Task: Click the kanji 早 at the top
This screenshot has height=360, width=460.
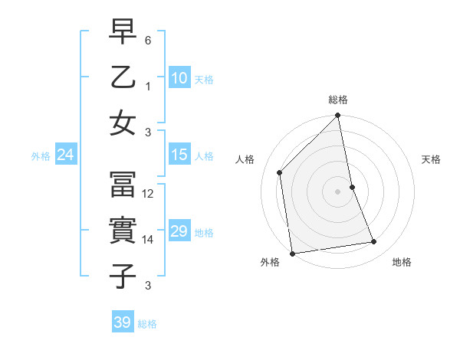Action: point(123,33)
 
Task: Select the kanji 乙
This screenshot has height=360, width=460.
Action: point(123,78)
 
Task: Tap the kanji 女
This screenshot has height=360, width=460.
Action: point(123,123)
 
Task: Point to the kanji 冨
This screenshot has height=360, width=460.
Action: point(123,185)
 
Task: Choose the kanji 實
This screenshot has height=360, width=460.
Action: point(123,231)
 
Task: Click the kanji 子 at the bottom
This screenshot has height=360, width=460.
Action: point(123,276)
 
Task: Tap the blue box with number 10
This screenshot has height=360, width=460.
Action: point(179,77)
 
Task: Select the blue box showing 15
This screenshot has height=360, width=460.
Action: point(179,155)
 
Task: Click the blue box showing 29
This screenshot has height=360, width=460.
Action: point(179,231)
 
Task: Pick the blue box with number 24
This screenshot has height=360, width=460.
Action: point(66,155)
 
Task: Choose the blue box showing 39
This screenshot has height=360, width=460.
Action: point(123,322)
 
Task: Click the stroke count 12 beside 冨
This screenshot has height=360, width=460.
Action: point(149,194)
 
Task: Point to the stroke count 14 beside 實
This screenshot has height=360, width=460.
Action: point(149,240)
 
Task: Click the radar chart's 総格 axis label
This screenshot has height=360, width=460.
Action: point(338,100)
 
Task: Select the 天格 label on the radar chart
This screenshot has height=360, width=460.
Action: point(431,159)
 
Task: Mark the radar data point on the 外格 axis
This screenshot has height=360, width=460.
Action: point(292,254)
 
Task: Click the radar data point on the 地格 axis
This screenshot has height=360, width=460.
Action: point(374,242)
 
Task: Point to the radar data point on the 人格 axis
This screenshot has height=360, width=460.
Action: point(280,172)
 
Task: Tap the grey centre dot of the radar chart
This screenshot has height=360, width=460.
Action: point(338,191)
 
